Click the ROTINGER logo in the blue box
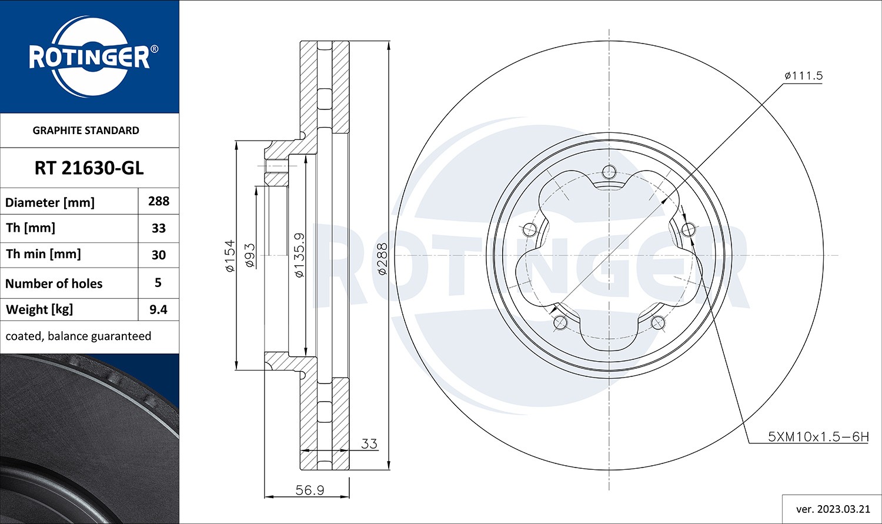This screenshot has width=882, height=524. coord(89,57)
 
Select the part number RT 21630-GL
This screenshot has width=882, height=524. coord(89,168)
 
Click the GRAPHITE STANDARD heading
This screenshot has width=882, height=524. coord(86,131)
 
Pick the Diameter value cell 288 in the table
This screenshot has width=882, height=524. coord(159,201)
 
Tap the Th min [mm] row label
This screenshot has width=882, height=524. coord(44,254)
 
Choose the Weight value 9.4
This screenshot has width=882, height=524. coord(158,309)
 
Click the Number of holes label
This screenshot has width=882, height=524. coord(54,283)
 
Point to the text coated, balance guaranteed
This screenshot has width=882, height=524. coord(78,336)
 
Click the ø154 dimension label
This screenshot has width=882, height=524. coord(229,255)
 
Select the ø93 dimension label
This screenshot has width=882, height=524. coord(249,255)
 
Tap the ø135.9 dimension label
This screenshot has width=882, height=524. coord(299,255)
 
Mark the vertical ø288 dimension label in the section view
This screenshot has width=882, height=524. coord(382,259)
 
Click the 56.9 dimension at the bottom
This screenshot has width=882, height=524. coord(309,490)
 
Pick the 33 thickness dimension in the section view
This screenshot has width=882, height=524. coord(369,444)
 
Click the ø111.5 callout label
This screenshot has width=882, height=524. coord(803,76)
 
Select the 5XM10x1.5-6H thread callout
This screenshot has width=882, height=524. coord(818,437)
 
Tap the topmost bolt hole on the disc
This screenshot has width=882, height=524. coord(609,172)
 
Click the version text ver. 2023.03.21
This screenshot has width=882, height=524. coord(831,509)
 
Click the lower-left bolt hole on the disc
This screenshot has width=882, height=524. coord(560,322)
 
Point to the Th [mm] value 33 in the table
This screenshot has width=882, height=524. coord(159,228)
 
